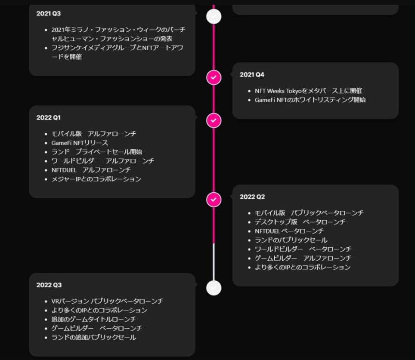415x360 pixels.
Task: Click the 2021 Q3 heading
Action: (49, 13)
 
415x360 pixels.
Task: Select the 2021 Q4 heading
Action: (252, 74)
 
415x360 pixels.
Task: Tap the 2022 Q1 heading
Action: (49, 117)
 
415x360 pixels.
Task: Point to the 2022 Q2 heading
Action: (252, 197)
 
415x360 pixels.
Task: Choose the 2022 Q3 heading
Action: (49, 285)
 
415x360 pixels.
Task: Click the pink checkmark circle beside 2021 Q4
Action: (214, 77)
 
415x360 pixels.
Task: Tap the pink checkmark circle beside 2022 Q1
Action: (214, 120)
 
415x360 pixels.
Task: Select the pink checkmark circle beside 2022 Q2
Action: (214, 200)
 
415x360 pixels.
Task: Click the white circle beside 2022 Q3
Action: (214, 288)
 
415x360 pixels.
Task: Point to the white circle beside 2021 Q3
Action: (214, 16)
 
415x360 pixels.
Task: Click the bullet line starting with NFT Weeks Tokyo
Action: (308, 91)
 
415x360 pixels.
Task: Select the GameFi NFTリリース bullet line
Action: (80, 143)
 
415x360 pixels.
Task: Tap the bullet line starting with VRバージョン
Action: (107, 301)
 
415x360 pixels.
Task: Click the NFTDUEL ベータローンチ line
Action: (289, 231)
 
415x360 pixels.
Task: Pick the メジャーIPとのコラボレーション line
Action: (96, 179)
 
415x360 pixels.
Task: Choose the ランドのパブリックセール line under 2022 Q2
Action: (291, 240)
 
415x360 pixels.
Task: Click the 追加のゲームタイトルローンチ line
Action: (94, 319)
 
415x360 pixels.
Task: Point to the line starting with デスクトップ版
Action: (300, 222)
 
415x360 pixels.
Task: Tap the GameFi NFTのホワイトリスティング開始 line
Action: (310, 100)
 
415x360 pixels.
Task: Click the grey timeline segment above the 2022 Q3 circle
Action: (214, 262)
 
